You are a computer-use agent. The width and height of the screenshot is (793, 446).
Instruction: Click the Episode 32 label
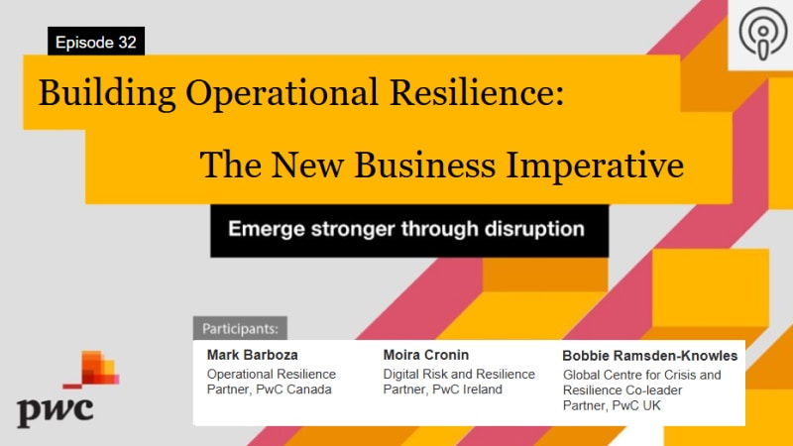(x=96, y=42)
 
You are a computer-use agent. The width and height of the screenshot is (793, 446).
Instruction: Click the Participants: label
(x=240, y=328)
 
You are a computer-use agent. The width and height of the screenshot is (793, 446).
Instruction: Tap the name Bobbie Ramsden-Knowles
(x=650, y=356)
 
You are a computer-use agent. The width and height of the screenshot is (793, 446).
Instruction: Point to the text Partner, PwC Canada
(x=269, y=390)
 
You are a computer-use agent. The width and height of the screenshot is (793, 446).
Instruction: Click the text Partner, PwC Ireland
(x=442, y=390)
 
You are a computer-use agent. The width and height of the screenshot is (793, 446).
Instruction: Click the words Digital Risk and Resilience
(x=459, y=374)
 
